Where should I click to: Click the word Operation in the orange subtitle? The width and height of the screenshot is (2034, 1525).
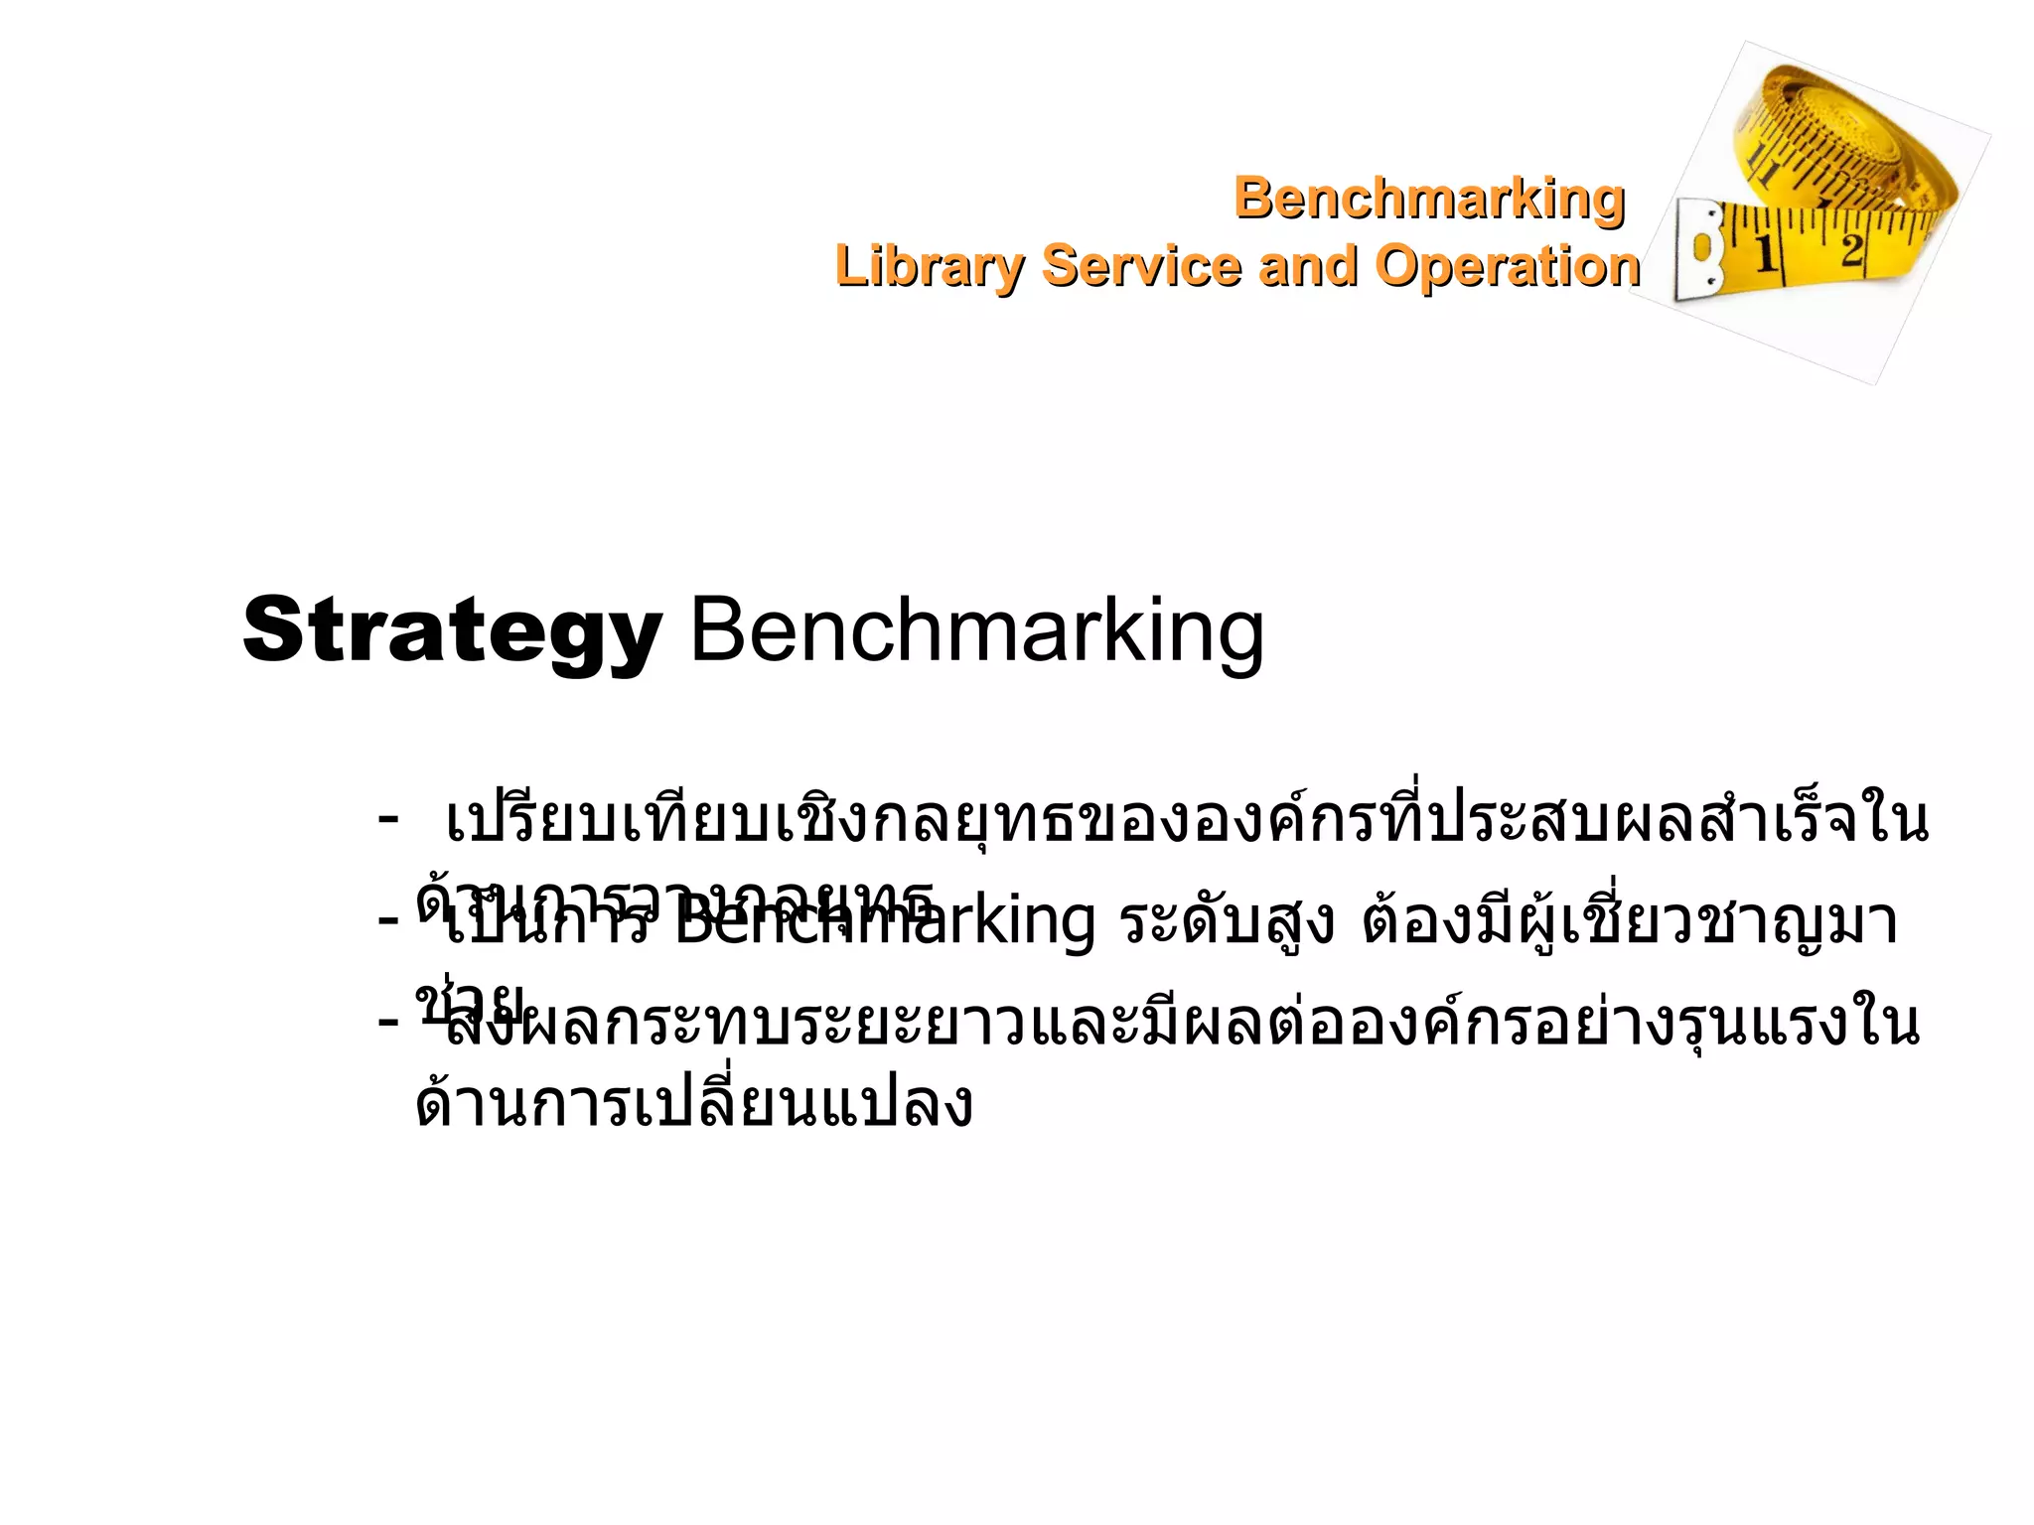tap(1507, 266)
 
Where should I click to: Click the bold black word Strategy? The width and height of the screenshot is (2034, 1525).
tap(452, 631)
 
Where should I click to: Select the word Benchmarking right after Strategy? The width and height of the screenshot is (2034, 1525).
tap(976, 631)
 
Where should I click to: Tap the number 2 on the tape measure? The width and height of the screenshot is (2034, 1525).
tap(1850, 248)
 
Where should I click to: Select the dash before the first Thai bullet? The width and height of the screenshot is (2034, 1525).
tap(387, 819)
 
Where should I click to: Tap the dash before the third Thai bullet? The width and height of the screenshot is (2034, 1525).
tap(387, 1020)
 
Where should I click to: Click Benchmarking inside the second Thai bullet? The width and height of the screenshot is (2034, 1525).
tap(884, 921)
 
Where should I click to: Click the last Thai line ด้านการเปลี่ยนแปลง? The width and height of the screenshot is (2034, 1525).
tap(693, 1104)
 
